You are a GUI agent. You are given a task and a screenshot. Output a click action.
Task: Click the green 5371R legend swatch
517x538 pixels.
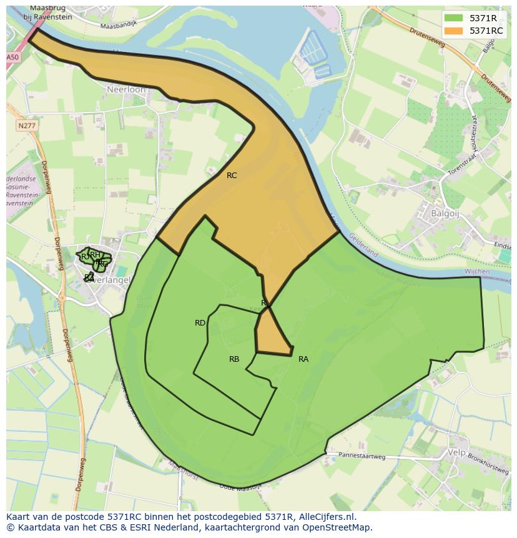(453, 18)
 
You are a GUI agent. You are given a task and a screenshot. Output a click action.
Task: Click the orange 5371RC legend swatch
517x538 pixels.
(453, 31)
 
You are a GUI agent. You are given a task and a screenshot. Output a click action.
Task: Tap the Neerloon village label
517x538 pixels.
(126, 90)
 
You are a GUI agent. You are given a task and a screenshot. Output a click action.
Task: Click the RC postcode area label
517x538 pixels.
(232, 176)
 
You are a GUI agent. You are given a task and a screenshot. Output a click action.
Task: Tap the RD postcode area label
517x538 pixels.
(200, 323)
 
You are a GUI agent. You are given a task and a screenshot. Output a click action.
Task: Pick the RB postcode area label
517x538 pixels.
(234, 359)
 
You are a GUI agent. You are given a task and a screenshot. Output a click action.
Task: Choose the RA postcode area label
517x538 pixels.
(303, 359)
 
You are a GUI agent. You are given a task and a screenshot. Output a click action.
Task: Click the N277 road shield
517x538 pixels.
(26, 126)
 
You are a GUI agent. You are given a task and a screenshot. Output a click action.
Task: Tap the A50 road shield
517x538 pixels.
(12, 57)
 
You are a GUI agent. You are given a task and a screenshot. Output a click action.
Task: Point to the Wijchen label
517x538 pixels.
(478, 272)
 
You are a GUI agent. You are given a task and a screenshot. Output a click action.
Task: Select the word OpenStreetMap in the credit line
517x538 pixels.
(339, 527)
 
